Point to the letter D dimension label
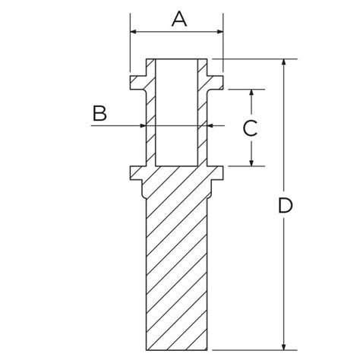(285, 205)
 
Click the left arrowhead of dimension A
(134, 32)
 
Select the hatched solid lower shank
(177, 266)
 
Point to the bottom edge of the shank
(177, 349)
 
